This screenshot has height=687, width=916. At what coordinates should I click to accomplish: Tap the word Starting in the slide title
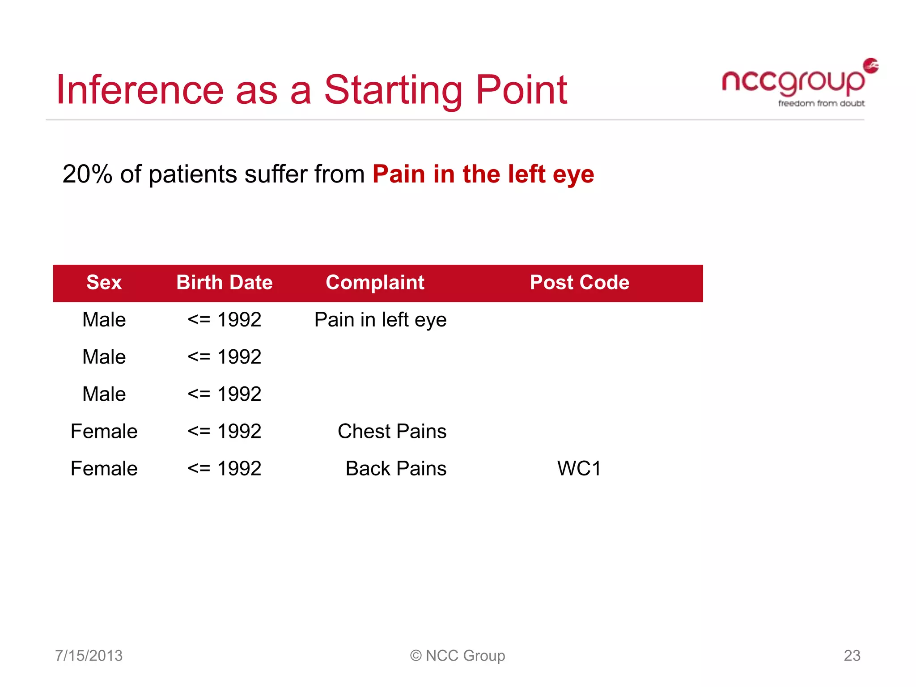[393, 91]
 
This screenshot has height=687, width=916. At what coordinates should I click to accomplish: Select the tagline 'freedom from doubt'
[821, 103]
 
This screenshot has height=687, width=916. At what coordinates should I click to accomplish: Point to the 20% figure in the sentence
[87, 174]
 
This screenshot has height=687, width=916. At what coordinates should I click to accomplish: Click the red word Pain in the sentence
[398, 174]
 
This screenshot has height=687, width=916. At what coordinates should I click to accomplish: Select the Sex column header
[104, 283]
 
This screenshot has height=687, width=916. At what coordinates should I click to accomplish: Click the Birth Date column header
[225, 283]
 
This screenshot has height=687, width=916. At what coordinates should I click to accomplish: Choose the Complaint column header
[375, 283]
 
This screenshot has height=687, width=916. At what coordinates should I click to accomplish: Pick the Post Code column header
[580, 283]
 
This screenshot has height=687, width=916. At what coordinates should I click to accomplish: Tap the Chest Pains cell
[392, 432]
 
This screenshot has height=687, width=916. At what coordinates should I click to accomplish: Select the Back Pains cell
[396, 469]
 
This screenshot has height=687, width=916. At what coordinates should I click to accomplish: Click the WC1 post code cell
[579, 469]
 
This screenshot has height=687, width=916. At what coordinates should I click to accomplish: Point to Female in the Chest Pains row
[104, 432]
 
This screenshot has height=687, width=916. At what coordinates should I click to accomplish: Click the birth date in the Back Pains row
[225, 469]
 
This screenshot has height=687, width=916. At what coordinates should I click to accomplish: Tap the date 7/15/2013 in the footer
[89, 656]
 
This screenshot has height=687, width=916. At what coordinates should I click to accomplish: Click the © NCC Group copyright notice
[458, 656]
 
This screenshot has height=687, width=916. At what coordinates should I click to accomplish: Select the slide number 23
[852, 656]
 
